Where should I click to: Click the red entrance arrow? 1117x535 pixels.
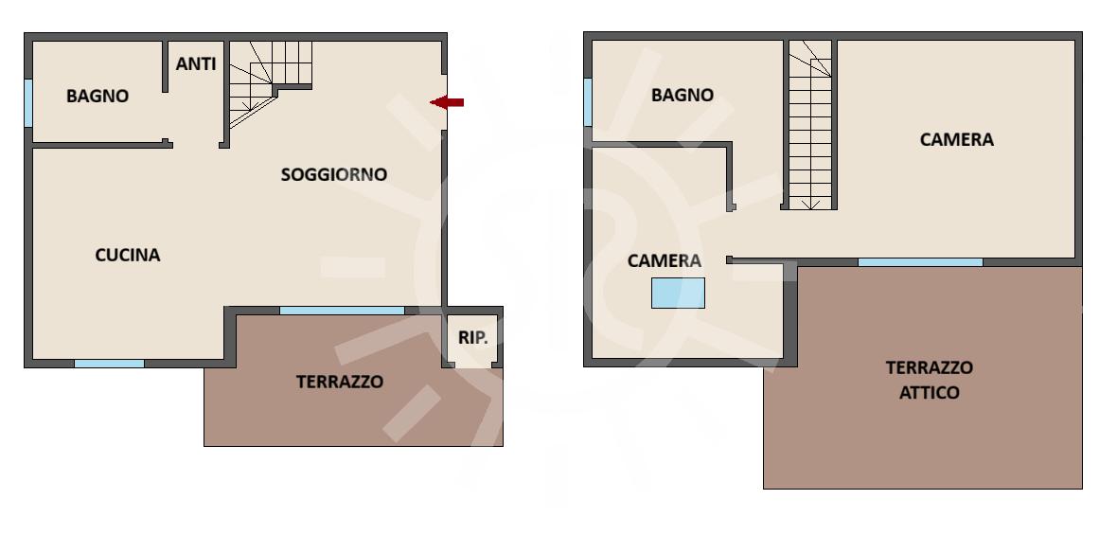(x=447, y=102)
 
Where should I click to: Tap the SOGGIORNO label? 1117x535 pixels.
(x=334, y=174)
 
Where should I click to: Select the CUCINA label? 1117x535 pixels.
(x=128, y=255)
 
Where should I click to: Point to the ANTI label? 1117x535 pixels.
(x=196, y=64)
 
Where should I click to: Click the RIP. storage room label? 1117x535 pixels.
(x=473, y=338)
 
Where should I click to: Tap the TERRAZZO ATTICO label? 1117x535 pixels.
(x=930, y=380)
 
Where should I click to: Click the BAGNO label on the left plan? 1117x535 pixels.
(x=98, y=97)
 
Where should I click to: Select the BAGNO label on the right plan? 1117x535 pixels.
(x=683, y=95)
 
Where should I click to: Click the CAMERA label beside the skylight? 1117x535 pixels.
(x=665, y=261)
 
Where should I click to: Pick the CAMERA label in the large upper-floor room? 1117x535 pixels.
(x=957, y=139)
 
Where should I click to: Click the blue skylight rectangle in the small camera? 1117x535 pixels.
(x=678, y=293)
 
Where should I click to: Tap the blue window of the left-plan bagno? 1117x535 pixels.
(x=28, y=103)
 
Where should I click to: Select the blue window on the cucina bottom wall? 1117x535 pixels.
(x=109, y=364)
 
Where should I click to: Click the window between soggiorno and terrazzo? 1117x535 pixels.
(x=342, y=311)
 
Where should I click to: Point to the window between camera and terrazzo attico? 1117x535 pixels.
(x=920, y=262)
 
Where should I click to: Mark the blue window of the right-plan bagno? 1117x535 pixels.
(x=588, y=102)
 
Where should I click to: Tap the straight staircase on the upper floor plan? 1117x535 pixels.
(x=810, y=125)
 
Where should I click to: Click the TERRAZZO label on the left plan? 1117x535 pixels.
(x=340, y=382)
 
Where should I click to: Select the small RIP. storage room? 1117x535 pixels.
(x=473, y=339)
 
